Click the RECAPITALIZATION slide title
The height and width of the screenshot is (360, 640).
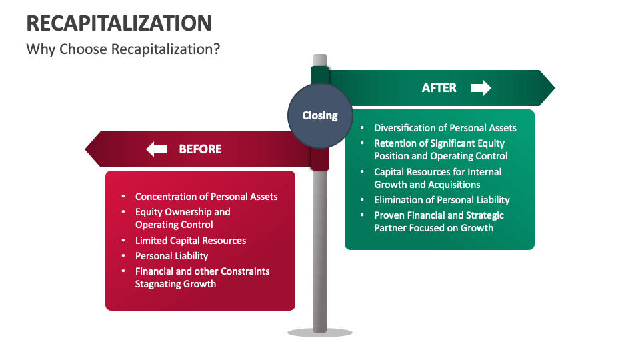pyautogui.click(x=119, y=23)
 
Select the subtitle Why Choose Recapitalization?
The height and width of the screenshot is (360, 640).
pyautogui.click(x=123, y=49)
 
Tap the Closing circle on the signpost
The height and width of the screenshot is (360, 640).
pyautogui.click(x=320, y=115)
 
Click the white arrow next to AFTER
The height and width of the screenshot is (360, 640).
pyautogui.click(x=481, y=88)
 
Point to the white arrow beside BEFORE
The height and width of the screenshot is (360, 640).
pyautogui.click(x=157, y=149)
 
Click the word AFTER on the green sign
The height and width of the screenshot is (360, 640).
pyautogui.click(x=439, y=88)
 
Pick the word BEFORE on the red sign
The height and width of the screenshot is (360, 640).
pyautogui.click(x=200, y=149)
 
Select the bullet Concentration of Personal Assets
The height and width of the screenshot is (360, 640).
pyautogui.click(x=206, y=197)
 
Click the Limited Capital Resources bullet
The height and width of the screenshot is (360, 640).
pyautogui.click(x=191, y=241)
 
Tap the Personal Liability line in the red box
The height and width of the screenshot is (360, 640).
pyautogui.click(x=171, y=256)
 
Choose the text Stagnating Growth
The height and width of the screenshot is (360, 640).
pyautogui.click(x=175, y=284)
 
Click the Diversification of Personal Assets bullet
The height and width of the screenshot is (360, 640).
pyautogui.click(x=445, y=128)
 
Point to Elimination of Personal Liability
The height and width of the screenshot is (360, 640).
pyautogui.click(x=441, y=200)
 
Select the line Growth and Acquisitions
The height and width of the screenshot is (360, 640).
pyautogui.click(x=427, y=185)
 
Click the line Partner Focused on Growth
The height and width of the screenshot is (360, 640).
pyautogui.click(x=433, y=228)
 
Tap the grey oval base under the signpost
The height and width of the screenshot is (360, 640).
pyautogui.click(x=320, y=332)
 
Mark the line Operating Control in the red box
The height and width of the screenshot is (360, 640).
pyautogui.click(x=174, y=225)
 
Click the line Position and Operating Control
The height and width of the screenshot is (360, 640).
pyautogui.click(x=441, y=156)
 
